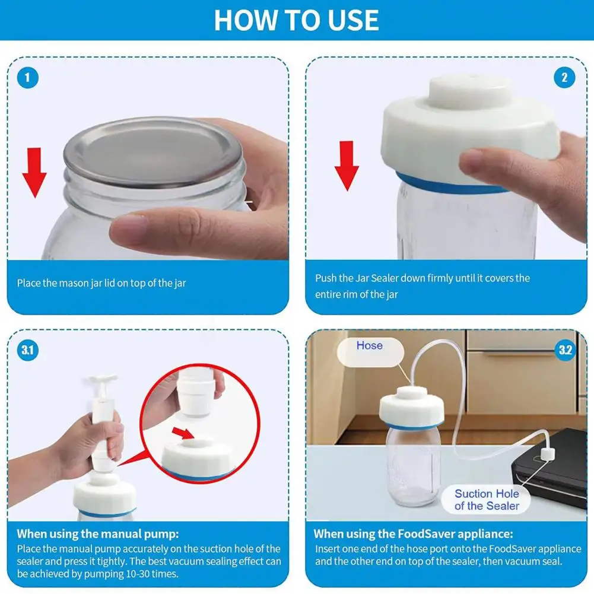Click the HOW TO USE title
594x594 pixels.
296,20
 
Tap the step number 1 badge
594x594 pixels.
28,78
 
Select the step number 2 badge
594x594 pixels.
564,78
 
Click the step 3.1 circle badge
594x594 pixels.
28,350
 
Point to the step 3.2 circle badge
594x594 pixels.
565,350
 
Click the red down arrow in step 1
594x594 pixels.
34,173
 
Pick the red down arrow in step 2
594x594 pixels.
347,166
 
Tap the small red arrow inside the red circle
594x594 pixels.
183,433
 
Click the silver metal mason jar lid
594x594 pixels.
153,151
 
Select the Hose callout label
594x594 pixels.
370,346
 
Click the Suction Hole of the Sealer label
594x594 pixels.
487,500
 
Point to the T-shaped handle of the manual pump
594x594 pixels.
103,379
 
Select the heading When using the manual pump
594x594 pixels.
98,533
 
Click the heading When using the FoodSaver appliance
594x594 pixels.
413,533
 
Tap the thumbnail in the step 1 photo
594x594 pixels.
128,227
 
